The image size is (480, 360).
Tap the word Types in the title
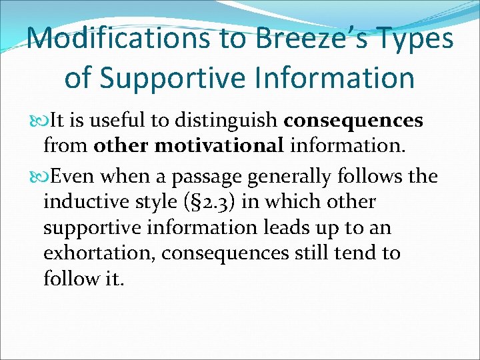[x=419, y=38]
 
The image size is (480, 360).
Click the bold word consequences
[x=353, y=120]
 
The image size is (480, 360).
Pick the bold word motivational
[x=214, y=145]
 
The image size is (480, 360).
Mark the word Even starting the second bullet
[x=71, y=177]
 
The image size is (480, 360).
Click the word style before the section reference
[x=157, y=202]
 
